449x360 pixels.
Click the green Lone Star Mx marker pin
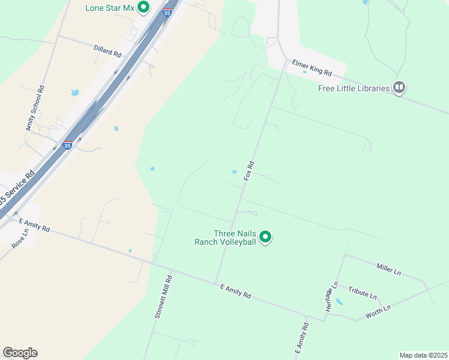[x=143, y=8]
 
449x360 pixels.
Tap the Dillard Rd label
[x=107, y=50]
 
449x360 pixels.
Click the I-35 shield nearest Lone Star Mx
[x=167, y=13]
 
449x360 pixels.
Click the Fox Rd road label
[x=250, y=170]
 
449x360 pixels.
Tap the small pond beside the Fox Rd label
[x=234, y=172]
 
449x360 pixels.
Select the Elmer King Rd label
[x=312, y=67]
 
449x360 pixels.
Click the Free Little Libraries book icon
[x=399, y=88]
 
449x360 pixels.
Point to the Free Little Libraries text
[x=354, y=89]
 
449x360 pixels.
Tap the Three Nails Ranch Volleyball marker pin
[x=265, y=238]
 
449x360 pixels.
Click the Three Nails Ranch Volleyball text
[x=234, y=238]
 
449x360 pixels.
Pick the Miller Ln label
[x=388, y=268]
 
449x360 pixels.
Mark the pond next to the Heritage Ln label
[x=339, y=302]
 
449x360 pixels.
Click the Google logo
[x=20, y=353]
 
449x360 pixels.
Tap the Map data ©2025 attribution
[x=423, y=355]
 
